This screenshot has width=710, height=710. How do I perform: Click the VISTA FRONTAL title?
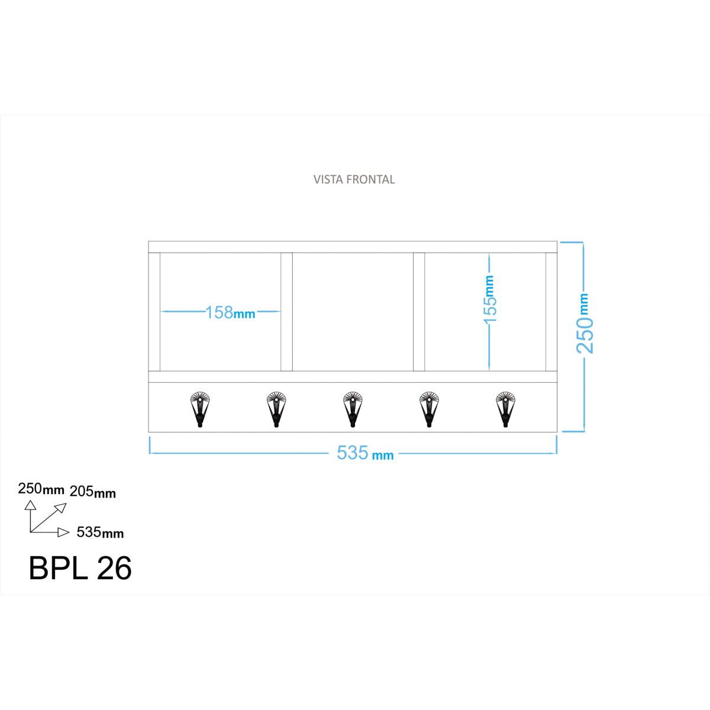coord(354,179)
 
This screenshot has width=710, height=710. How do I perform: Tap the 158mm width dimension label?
coord(230,312)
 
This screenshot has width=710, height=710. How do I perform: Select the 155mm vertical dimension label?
coord(490,299)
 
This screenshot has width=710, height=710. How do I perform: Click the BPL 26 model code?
coord(80,569)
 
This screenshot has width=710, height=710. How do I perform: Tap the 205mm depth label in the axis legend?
coord(93,492)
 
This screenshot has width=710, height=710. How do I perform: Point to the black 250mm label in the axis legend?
coord(41,489)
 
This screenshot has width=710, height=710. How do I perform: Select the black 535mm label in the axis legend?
coord(100,532)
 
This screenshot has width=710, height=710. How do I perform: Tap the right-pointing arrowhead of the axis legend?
coord(63,532)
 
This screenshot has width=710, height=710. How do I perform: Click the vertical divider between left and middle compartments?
coord(286,312)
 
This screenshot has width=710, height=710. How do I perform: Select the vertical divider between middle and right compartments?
coord(419,312)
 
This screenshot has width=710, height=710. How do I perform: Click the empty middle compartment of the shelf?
coord(353,312)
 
